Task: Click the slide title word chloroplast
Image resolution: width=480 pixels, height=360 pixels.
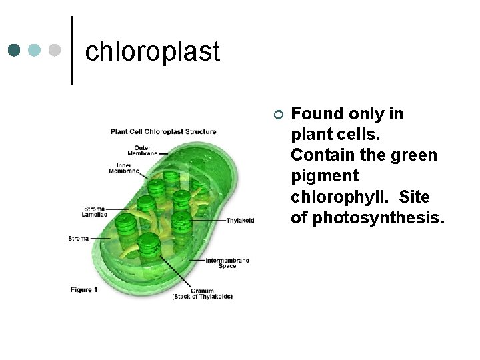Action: point(153,51)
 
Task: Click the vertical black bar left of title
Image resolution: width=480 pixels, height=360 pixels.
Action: point(72,50)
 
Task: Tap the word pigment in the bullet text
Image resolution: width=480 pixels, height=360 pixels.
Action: point(325,176)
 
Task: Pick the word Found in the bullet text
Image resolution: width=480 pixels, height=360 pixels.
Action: point(315,114)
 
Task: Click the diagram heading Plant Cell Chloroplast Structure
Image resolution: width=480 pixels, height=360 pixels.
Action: point(163,131)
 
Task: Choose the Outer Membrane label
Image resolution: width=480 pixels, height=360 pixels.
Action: point(143,150)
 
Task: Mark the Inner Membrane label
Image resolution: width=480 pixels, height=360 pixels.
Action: point(124,168)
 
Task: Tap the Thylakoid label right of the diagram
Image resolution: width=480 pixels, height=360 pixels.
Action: point(240,221)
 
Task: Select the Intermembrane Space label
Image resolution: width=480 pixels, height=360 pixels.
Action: point(227,263)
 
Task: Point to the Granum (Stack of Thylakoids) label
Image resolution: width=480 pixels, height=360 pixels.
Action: point(202,293)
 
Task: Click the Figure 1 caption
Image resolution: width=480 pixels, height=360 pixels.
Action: point(84,289)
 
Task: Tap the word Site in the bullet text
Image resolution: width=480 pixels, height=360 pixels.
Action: point(415,197)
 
